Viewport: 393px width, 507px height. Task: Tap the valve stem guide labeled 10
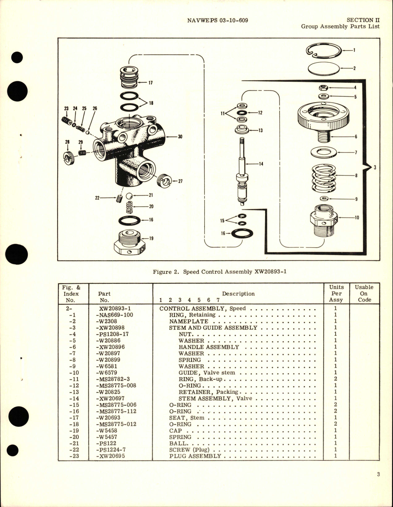(323, 220)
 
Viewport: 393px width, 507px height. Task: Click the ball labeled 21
(130, 196)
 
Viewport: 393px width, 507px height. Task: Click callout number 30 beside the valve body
(180, 137)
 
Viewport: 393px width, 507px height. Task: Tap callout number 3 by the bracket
(375, 168)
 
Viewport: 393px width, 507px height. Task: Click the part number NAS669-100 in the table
(112, 315)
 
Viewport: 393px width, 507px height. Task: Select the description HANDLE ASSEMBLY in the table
(209, 347)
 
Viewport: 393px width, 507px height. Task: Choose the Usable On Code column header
(364, 293)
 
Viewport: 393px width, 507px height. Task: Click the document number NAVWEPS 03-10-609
(218, 20)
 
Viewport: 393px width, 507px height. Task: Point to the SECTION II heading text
(363, 20)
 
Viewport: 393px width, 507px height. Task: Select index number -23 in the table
(71, 456)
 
